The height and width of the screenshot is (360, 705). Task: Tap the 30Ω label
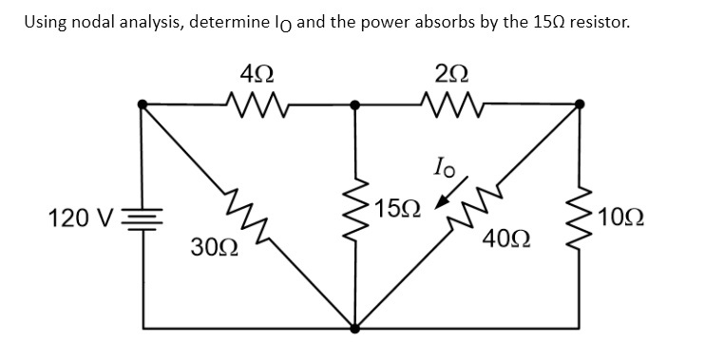(x=214, y=250)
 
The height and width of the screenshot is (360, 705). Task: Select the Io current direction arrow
(x=444, y=200)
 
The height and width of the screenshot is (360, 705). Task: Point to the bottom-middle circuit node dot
(x=356, y=330)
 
